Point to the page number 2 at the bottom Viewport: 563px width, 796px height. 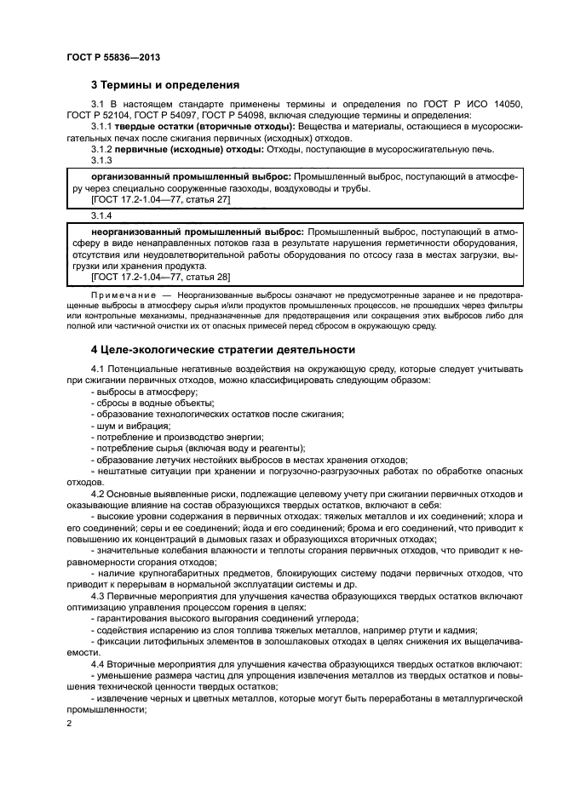click(x=69, y=724)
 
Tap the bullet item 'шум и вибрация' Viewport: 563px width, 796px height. click(x=131, y=426)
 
